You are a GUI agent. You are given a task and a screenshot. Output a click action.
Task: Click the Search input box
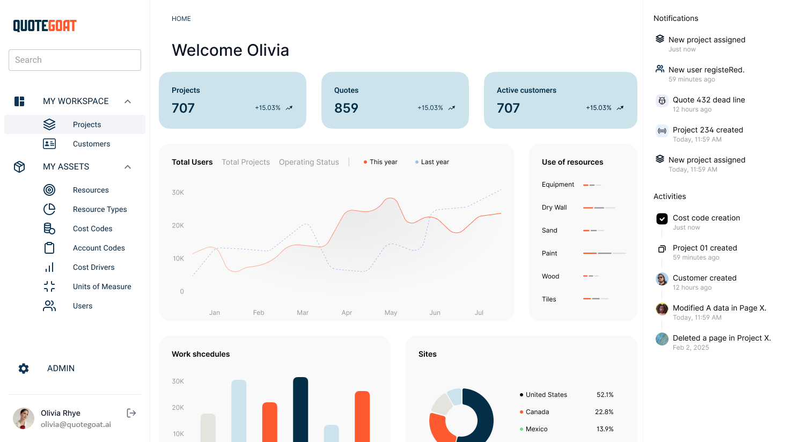pos(75,60)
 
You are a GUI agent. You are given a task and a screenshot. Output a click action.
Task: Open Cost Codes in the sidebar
pos(92,229)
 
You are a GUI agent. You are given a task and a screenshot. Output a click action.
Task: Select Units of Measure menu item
pos(102,286)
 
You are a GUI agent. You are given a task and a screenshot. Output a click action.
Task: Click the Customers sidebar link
pos(91,144)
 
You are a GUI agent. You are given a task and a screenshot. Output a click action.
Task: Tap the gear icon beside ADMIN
pos(24,369)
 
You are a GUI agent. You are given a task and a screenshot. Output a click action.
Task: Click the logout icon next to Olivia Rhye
pos(131,413)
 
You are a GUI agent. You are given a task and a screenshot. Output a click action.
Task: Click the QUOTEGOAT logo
pos(45,26)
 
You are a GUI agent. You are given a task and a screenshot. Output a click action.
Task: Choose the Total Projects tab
pos(246,162)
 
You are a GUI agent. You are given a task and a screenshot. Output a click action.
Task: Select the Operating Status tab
pos(309,162)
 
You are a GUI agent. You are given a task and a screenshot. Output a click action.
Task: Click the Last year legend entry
pos(435,162)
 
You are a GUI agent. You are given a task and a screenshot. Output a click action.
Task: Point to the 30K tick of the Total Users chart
pos(178,193)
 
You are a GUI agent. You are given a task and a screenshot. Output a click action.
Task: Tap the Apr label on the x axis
pos(347,313)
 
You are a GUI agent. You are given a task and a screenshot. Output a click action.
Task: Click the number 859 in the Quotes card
pos(346,108)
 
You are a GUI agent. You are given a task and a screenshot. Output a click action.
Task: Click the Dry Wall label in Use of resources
pos(554,208)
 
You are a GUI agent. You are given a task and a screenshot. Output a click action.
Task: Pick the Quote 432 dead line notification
pos(709,100)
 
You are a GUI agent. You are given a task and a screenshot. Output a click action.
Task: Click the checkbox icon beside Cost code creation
pos(662,218)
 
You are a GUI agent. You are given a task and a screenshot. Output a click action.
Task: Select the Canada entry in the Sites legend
pos(537,412)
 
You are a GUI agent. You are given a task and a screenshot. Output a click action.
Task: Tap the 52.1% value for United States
pos(605,395)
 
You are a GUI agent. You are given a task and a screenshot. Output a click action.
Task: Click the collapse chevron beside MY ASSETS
pos(128,167)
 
